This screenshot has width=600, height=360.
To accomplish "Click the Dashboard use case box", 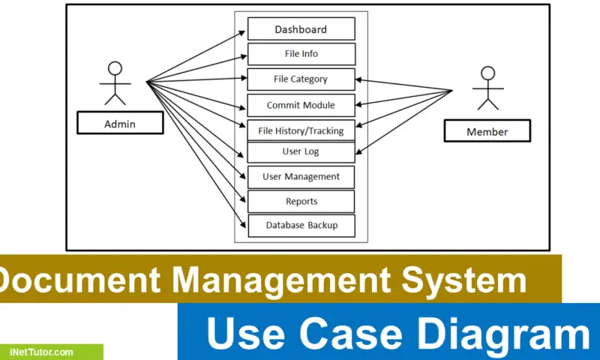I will pos(301,29).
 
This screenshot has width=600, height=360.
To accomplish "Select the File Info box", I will pos(301,54).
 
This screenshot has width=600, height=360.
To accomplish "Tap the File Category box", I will pos(301,79).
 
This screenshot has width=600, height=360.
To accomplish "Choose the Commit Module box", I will pos(301,105).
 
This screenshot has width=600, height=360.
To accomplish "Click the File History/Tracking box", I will pos(301,130).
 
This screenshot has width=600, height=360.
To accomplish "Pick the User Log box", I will pos(301,151).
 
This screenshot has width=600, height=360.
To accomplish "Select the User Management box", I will pos(301,177).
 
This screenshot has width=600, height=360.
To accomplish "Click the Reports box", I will pos(301,201).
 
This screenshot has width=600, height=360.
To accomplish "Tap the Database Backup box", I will pos(301,225).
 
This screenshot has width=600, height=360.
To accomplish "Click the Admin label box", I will pos(120,123).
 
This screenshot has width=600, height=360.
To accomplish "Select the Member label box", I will pos(487,131).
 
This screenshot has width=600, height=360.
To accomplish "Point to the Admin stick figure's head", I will pos(115,67).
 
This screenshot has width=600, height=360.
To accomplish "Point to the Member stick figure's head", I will pos(487,73).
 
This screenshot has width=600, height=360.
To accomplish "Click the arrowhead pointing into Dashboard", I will pos(243,32).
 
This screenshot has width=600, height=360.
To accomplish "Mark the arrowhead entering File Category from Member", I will pos(359,79).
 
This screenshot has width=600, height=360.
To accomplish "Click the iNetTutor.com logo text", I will pos(42,352).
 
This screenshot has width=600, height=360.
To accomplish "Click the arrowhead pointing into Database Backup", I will pos(244,225).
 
